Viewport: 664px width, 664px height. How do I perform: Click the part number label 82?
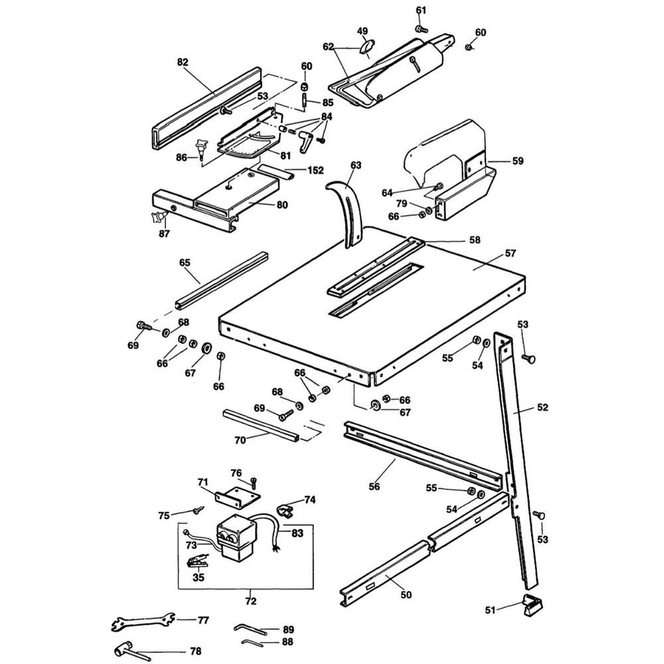tap(183, 62)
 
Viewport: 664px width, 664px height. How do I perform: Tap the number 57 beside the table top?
tap(510, 254)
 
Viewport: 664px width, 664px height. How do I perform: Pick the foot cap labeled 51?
tap(534, 605)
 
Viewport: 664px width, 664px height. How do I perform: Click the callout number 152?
tap(315, 171)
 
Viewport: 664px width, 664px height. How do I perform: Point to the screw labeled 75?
tap(197, 511)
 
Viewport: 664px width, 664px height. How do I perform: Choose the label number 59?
tap(517, 160)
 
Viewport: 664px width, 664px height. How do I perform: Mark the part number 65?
tap(185, 263)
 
